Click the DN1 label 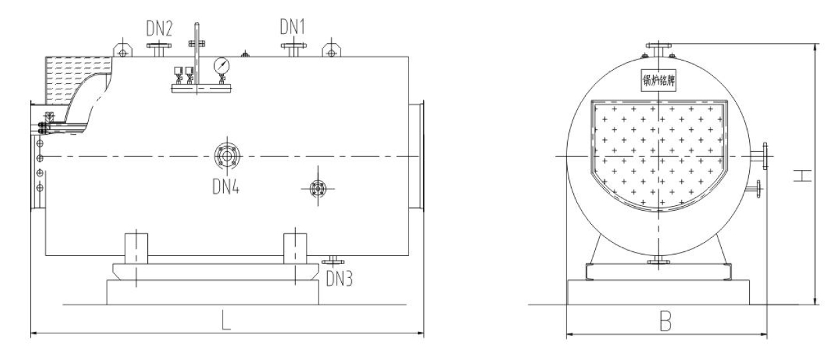coord(293,27)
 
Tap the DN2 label coord(159,29)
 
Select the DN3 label coord(339,278)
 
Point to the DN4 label coord(226,186)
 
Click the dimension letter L coord(226,320)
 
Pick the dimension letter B coord(666,321)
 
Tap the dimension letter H coord(802,176)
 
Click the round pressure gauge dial coord(221,66)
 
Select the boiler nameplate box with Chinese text coord(658,80)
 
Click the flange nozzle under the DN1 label coord(294,49)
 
